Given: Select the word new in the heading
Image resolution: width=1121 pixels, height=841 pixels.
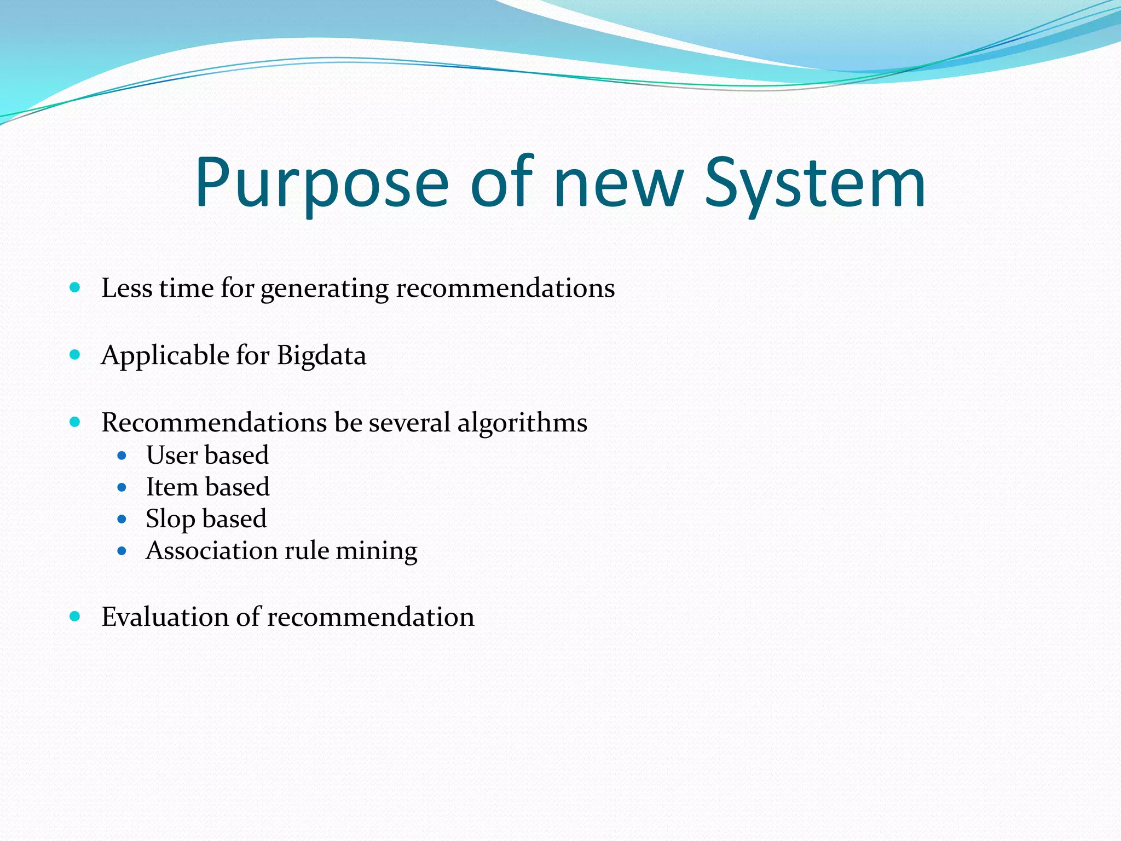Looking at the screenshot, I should pos(619,183).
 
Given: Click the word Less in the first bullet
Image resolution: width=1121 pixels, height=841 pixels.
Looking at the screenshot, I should pos(127,288).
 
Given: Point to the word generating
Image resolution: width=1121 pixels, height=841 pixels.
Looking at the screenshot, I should pos(324,289).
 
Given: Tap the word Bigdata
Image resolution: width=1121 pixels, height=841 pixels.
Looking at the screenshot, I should pos(321,356).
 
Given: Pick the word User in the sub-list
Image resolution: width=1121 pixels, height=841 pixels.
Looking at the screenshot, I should pos(172,455).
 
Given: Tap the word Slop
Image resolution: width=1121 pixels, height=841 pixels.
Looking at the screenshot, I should pos(170,519).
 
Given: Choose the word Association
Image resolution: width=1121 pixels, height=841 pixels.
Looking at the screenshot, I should pos(212,550).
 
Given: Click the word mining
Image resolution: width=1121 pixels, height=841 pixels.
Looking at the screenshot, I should pos(376,551).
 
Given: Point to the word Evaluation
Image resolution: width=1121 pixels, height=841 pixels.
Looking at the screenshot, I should pos(165,617).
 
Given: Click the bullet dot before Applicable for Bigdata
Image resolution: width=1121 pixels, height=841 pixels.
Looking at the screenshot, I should pos(76,355).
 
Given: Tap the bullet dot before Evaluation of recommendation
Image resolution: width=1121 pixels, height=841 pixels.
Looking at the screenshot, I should pos(76,617).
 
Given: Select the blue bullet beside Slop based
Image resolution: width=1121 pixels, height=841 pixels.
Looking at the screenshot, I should pos(122,519).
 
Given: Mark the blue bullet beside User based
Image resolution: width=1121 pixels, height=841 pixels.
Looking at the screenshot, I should pos(122,455).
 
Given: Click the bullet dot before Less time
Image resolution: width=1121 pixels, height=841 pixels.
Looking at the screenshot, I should pos(76,287).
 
